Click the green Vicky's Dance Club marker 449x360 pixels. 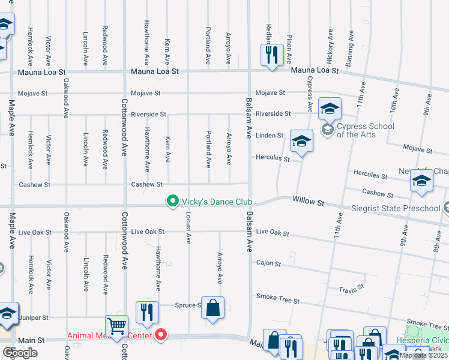[173, 201]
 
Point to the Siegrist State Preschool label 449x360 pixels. [396, 208]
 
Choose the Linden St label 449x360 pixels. [270, 136]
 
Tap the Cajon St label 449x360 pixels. [268, 263]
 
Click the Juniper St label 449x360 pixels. [34, 317]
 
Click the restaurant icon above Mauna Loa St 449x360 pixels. [271, 55]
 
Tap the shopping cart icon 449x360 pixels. [116, 326]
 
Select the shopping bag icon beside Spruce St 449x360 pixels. [212, 308]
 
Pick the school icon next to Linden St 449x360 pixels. [301, 142]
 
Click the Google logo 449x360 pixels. [20, 353]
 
